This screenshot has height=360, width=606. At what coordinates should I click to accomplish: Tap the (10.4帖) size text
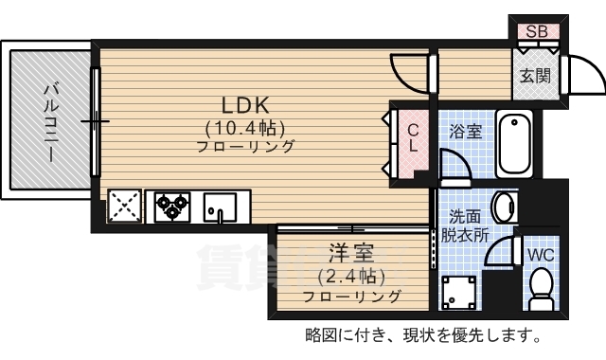tap(245, 127)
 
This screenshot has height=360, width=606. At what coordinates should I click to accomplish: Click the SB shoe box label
tap(537, 31)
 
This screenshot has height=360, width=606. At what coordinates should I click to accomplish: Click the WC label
tap(541, 255)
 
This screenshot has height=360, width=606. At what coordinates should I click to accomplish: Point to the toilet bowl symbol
tap(542, 286)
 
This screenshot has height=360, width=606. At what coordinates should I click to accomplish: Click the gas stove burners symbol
tap(173, 206)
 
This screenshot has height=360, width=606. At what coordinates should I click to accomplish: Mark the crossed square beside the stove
tap(125, 206)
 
